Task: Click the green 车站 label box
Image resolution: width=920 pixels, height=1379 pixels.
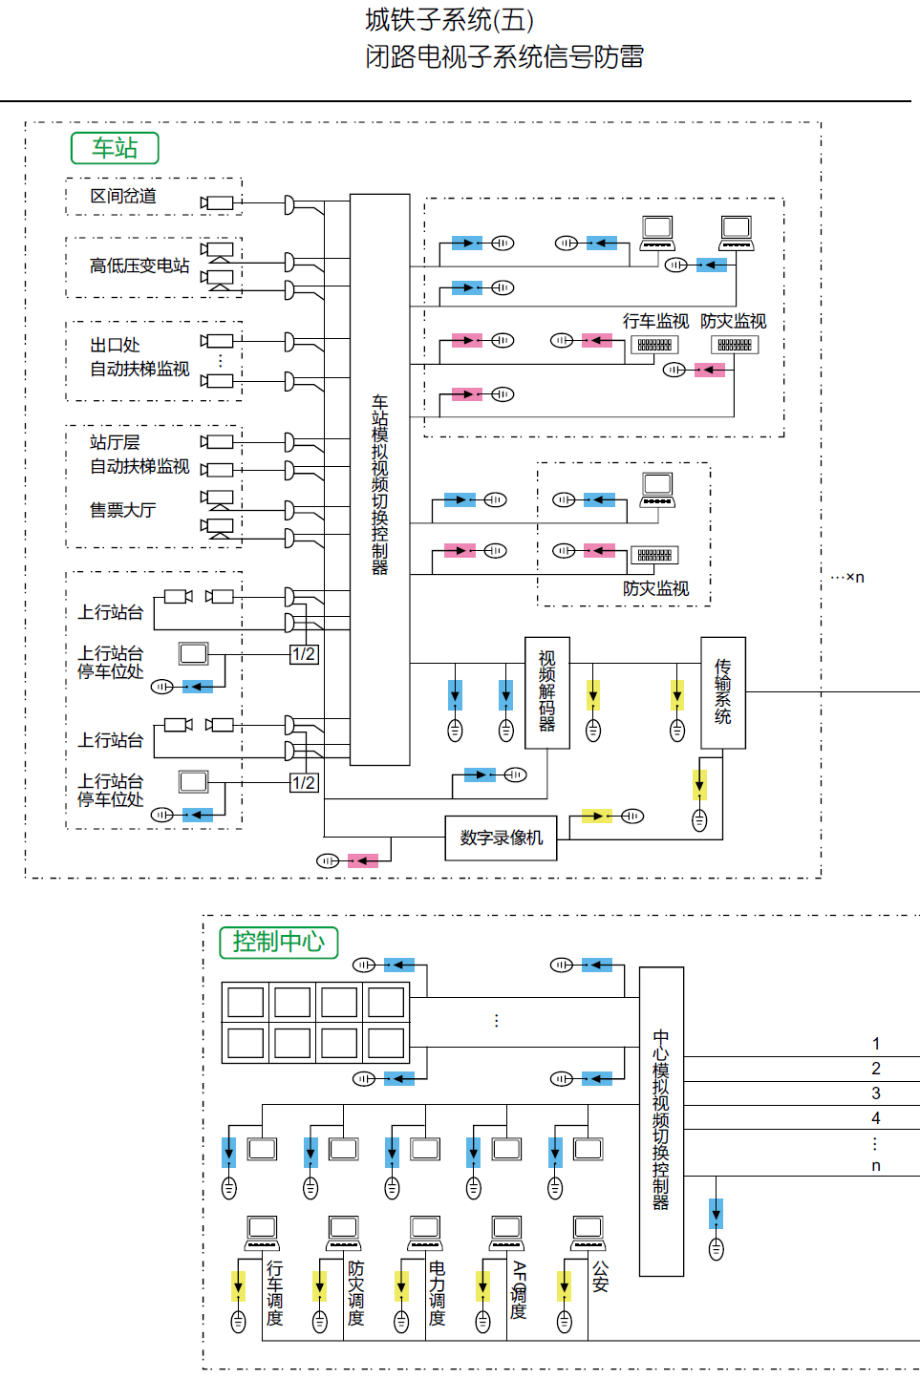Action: pyautogui.click(x=115, y=148)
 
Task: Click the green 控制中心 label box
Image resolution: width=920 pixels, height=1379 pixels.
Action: pyautogui.click(x=279, y=942)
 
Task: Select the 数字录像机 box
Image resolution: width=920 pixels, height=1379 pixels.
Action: pyautogui.click(x=502, y=838)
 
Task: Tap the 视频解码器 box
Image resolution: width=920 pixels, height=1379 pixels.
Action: pyautogui.click(x=547, y=692)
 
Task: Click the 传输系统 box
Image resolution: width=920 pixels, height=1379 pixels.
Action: pyautogui.click(x=723, y=692)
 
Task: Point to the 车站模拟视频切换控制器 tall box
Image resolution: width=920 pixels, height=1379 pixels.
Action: pyautogui.click(x=379, y=480)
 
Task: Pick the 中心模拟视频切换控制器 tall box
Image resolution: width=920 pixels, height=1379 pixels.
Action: pyautogui.click(x=661, y=1120)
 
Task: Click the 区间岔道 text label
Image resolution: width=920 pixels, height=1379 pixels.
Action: pyautogui.click(x=123, y=196)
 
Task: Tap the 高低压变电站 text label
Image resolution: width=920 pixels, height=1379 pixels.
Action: pyautogui.click(x=139, y=265)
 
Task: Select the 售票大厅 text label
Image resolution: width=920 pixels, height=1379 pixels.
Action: pyautogui.click(x=122, y=510)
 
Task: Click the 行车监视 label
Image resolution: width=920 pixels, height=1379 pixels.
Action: pyautogui.click(x=655, y=321)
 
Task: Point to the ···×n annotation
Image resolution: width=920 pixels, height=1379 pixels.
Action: pyautogui.click(x=847, y=577)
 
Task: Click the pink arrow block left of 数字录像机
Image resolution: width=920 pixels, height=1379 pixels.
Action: pyautogui.click(x=363, y=860)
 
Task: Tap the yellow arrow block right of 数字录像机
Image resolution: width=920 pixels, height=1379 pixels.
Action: pyautogui.click(x=597, y=816)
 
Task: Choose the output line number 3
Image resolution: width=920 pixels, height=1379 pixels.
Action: pyautogui.click(x=876, y=1093)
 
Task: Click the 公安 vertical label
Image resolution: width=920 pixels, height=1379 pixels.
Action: pyautogui.click(x=600, y=1276)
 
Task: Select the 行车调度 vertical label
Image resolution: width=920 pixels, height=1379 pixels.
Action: pyautogui.click(x=275, y=1293)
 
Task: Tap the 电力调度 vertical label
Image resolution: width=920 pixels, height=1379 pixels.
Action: pyautogui.click(x=438, y=1293)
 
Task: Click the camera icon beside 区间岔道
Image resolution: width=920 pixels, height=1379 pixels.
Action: pyautogui.click(x=218, y=202)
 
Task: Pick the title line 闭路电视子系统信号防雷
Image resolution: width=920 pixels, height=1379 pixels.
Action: pyautogui.click(x=504, y=56)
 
